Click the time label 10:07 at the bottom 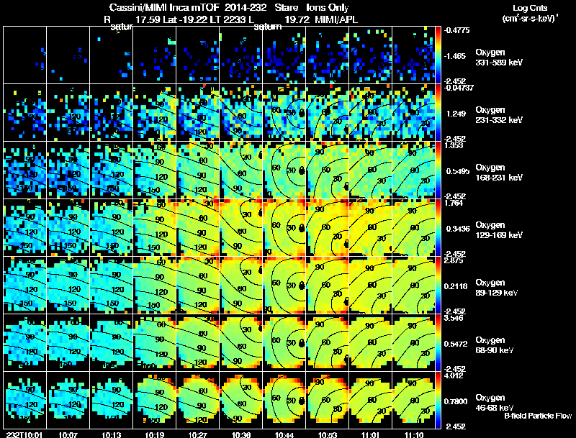[x=69, y=434]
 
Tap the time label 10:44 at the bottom [x=287, y=434]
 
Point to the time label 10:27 [x=199, y=434]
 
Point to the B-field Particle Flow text [x=538, y=416]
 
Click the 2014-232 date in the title [x=231, y=6]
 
